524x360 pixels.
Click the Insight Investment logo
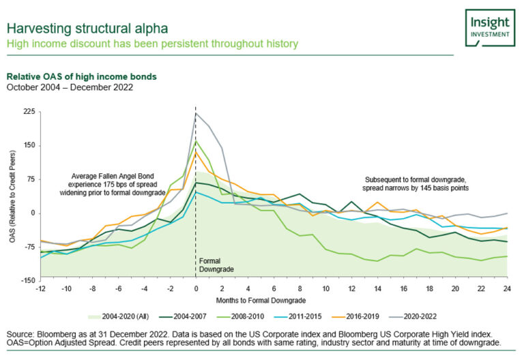pyautogui.click(x=490, y=27)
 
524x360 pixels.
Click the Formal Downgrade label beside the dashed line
pyautogui.click(x=215, y=265)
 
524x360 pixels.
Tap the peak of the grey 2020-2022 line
pyautogui.click(x=196, y=113)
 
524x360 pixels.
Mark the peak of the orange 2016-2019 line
pyautogui.click(x=196, y=152)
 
